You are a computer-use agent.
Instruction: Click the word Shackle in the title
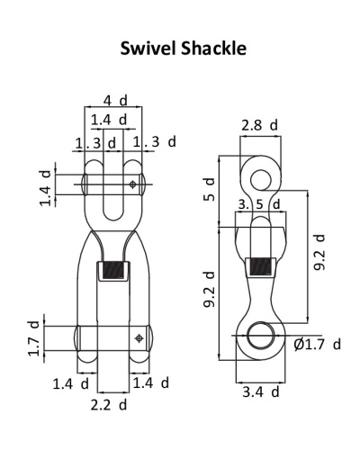tap(214, 49)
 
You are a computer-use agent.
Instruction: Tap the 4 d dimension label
tap(115, 101)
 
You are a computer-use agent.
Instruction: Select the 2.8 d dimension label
tap(260, 125)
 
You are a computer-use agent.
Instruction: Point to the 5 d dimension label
tap(210, 189)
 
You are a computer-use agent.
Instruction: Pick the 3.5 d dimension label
tap(259, 204)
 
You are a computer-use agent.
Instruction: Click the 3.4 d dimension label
tap(261, 391)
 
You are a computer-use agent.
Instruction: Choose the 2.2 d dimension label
tap(109, 405)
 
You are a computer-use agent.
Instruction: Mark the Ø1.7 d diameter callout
tap(318, 345)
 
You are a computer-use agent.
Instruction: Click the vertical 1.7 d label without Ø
tap(34, 338)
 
